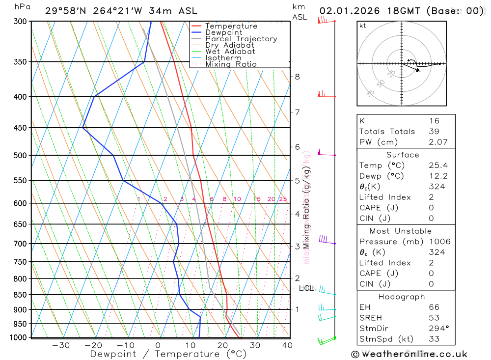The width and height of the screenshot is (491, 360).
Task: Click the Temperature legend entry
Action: [x=231, y=26]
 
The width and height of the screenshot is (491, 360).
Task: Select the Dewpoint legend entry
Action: [x=223, y=32]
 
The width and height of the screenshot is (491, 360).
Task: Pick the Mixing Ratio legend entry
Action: [x=231, y=64]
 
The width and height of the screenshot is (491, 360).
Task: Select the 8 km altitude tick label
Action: [x=297, y=77]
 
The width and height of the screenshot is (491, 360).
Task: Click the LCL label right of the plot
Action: [x=305, y=288]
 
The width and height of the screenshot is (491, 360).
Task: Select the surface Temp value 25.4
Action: [x=437, y=166]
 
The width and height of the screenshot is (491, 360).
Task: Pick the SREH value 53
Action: [x=434, y=318]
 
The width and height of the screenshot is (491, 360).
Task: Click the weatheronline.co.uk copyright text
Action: [x=409, y=354]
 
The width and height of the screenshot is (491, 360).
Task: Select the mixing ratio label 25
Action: [x=283, y=199]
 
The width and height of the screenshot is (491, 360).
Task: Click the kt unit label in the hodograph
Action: [x=363, y=26]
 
